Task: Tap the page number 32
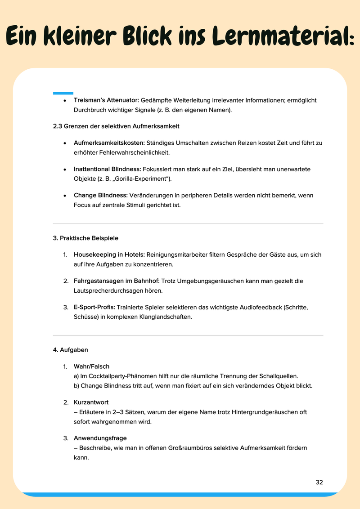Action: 319,482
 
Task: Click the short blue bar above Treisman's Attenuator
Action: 63,93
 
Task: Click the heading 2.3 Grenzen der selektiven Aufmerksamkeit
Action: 117,126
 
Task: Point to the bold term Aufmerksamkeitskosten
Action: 109,143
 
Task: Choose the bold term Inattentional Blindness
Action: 108,169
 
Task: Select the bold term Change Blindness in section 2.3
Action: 101,196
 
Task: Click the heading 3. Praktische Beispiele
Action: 85,238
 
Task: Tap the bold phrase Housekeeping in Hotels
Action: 109,254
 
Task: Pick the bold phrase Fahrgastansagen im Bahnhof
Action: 117,281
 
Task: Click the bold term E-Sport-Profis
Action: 94,308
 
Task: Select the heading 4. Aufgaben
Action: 71,349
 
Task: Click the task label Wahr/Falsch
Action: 91,366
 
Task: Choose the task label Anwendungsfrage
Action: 100,438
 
